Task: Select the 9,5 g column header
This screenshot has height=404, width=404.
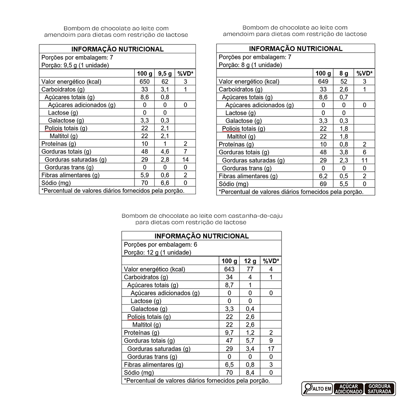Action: pos(165,74)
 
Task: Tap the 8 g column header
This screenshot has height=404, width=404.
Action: pos(344,74)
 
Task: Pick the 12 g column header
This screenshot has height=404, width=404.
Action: pos(250,261)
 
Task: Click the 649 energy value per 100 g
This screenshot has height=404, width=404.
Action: pos(323,82)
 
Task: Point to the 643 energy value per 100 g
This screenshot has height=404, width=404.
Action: pos(229,269)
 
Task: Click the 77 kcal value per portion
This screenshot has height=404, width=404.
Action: pos(250,269)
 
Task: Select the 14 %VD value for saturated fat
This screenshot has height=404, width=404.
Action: pos(185,160)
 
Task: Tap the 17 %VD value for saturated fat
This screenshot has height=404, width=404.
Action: pos(271,349)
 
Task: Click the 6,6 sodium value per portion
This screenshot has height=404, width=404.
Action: pos(165,183)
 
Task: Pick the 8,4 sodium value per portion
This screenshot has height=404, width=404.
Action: pos(250,372)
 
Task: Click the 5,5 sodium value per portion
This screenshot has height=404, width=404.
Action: pos(344,184)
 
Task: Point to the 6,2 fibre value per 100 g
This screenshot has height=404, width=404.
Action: pos(323,176)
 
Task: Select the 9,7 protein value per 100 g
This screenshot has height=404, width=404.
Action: pos(229,333)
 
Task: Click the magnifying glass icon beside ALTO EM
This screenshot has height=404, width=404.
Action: pos(308,388)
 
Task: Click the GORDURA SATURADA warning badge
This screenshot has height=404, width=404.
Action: pos(380,389)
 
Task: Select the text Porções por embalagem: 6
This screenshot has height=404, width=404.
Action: pos(161,245)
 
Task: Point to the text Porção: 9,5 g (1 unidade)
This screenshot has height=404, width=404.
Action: pos(75,65)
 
